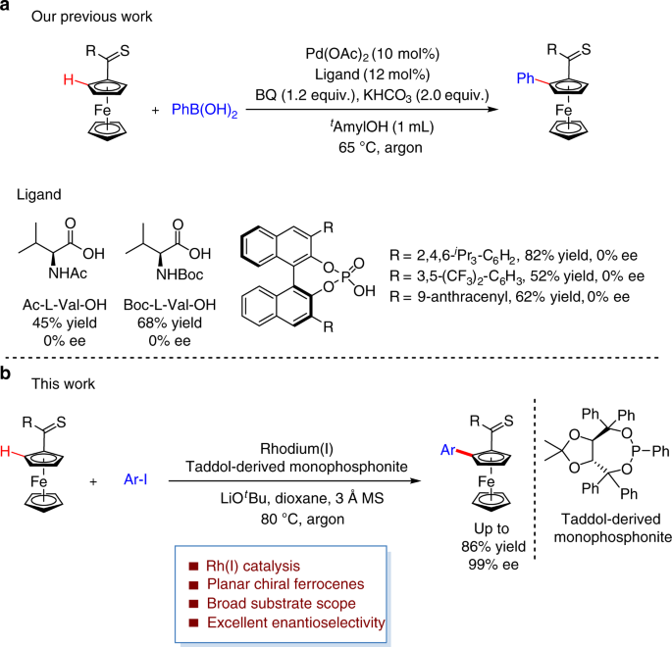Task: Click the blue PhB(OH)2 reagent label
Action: [204, 111]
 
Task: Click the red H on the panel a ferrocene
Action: [69, 79]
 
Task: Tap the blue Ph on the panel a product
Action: [526, 77]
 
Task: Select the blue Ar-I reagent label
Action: [135, 479]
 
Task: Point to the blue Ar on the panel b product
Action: [447, 450]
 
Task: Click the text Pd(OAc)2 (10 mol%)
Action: [373, 54]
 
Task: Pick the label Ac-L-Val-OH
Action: [65, 305]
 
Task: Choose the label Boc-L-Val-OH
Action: [170, 305]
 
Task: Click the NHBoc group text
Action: [180, 274]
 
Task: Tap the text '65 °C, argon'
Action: [380, 147]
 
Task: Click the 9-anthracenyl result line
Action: [509, 296]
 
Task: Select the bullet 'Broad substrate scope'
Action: [282, 603]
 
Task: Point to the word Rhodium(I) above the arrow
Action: [296, 448]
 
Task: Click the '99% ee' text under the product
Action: [493, 565]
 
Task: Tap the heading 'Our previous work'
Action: [91, 17]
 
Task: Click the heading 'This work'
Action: [63, 383]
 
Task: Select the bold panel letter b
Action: [6, 373]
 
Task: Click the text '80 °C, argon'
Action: [302, 519]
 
